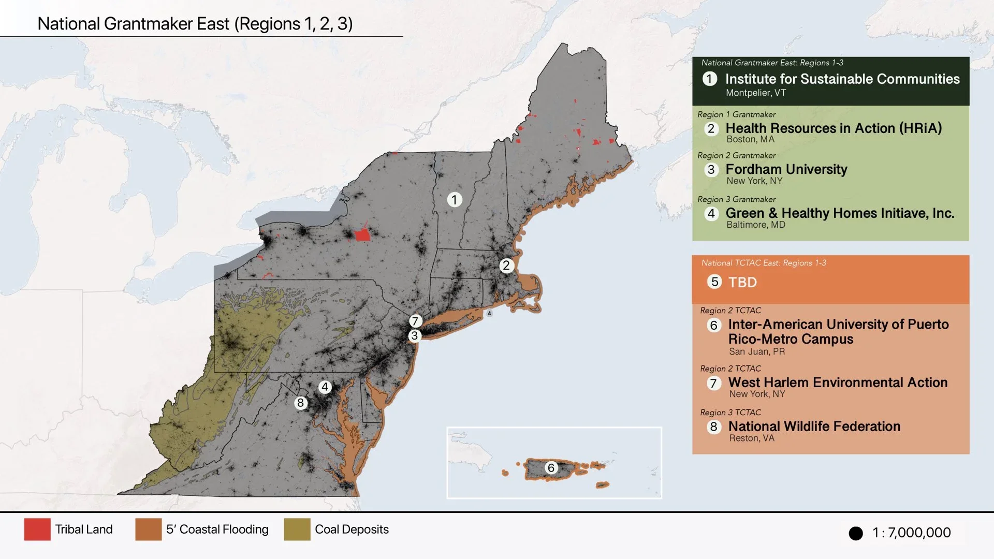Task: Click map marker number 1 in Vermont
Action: [454, 200]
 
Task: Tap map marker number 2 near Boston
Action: [506, 266]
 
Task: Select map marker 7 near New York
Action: [415, 321]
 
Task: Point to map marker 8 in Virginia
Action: [300, 403]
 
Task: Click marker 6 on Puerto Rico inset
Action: [551, 468]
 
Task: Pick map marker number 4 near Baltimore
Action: [325, 387]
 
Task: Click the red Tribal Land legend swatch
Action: [37, 529]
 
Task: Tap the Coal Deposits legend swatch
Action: [297, 529]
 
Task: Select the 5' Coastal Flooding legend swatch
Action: [149, 529]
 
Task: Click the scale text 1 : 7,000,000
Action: [911, 533]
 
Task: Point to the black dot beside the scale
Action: [856, 533]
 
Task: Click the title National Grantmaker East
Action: [195, 24]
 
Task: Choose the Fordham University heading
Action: [786, 169]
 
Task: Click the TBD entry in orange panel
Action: [742, 282]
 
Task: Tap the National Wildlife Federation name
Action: [814, 426]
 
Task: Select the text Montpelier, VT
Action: [755, 93]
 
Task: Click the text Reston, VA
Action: [751, 438]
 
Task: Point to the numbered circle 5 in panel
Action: [714, 282]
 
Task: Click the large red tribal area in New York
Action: [362, 234]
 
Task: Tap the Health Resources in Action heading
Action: [833, 128]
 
